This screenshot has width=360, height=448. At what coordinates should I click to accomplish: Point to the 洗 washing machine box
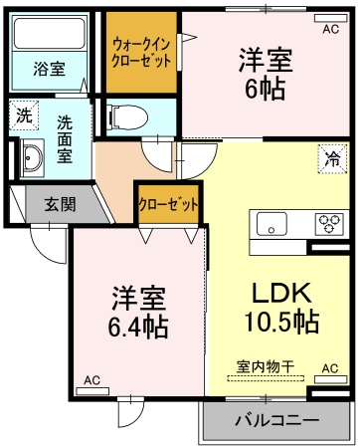pyautogui.click(x=22, y=114)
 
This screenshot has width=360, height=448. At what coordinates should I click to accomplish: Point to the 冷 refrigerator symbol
pyautogui.click(x=329, y=156)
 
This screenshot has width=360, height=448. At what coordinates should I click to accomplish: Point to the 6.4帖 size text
pyautogui.click(x=135, y=325)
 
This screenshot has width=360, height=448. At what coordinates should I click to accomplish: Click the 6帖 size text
pyautogui.click(x=264, y=88)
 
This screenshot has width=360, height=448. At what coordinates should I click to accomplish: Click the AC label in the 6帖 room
pyautogui.click(x=329, y=29)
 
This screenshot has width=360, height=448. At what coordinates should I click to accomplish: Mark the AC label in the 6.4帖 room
pyautogui.click(x=90, y=379)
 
